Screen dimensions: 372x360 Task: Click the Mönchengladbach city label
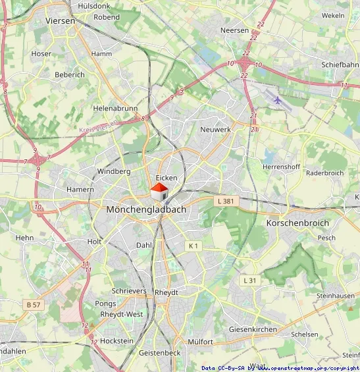pyautogui.click(x=146, y=209)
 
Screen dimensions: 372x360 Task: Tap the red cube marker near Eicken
pyautogui.click(x=159, y=192)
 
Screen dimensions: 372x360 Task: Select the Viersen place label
pyautogui.click(x=61, y=21)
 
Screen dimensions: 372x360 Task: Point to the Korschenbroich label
pyautogui.click(x=297, y=223)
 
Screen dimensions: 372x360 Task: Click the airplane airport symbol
pyautogui.click(x=278, y=100)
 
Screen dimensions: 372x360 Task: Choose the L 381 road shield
pyautogui.click(x=225, y=201)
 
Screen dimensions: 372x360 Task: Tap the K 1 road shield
pyautogui.click(x=193, y=246)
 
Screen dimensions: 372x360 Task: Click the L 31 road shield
pyautogui.click(x=249, y=280)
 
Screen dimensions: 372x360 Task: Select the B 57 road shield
pyautogui.click(x=34, y=304)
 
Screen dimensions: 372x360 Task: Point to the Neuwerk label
pyautogui.click(x=215, y=130)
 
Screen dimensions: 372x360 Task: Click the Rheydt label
pyautogui.click(x=167, y=292)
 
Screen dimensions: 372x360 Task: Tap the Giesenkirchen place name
pyautogui.click(x=253, y=329)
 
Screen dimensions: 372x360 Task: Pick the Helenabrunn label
pyautogui.click(x=115, y=107)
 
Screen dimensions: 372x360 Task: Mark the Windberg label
pyautogui.click(x=114, y=171)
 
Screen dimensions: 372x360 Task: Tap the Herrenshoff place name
pyautogui.click(x=281, y=167)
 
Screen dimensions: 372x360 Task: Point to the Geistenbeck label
pyautogui.click(x=159, y=353)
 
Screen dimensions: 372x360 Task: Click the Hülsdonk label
pyautogui.click(x=95, y=5)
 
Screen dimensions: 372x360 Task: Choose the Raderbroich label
pyautogui.click(x=325, y=173)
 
